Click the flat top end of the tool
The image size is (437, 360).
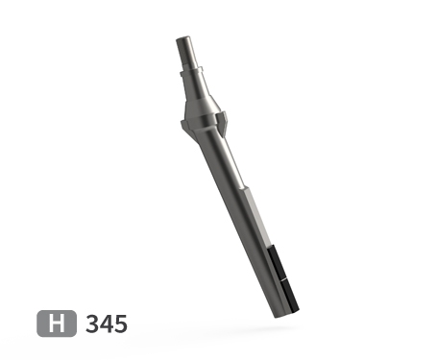click(183, 38)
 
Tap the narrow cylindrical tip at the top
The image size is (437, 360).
click(185, 52)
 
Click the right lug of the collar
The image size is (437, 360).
click(225, 120)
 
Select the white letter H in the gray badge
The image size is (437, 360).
click(58, 324)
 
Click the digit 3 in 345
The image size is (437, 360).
click(92, 324)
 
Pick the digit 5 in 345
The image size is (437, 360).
click(120, 324)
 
